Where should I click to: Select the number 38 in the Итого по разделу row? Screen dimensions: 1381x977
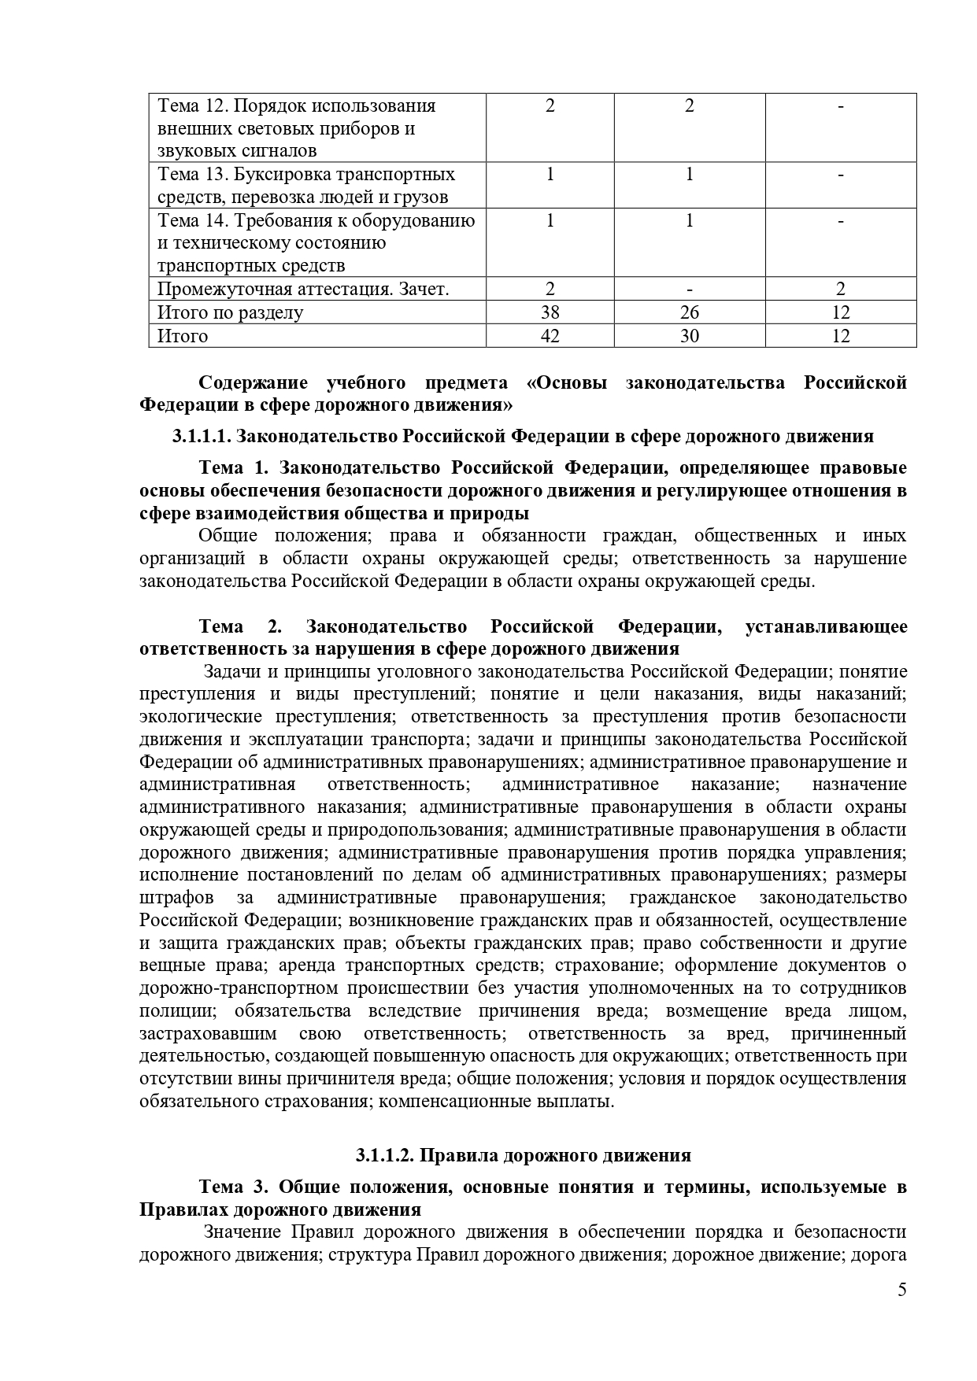coord(550,312)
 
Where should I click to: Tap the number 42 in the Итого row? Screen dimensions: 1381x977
coord(550,336)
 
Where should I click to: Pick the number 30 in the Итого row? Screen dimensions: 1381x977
coord(689,336)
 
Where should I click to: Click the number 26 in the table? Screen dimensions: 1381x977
coord(689,312)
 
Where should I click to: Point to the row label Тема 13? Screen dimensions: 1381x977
coord(188,174)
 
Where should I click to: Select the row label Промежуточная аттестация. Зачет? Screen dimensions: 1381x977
coord(303,290)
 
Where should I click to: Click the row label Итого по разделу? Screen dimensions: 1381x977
coord(230,312)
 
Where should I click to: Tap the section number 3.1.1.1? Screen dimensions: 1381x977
coord(201,436)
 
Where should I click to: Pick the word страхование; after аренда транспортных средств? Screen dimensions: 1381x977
coord(607,966)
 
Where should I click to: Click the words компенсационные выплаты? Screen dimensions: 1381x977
coord(496,1101)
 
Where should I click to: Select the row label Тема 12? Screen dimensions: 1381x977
coord(188,105)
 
